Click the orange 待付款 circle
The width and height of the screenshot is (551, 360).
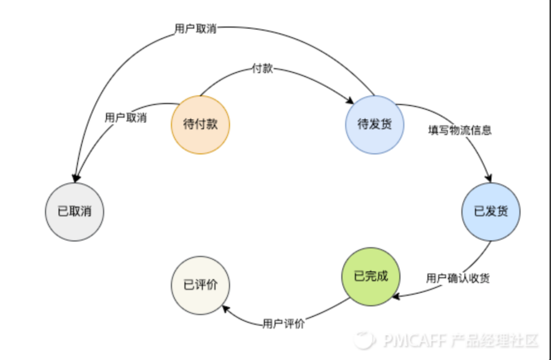tap(200, 124)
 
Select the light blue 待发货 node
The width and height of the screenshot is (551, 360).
tap(375, 124)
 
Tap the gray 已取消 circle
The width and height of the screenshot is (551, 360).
tap(74, 211)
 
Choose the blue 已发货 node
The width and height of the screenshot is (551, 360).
tap(491, 211)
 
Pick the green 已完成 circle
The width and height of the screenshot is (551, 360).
tap(370, 277)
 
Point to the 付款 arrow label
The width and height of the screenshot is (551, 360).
tap(263, 69)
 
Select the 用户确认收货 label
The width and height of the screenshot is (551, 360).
tap(457, 278)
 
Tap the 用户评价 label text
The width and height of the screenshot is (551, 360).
tap(284, 324)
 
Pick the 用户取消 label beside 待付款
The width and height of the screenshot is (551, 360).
tap(126, 117)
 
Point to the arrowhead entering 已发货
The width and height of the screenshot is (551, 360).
tap(489, 178)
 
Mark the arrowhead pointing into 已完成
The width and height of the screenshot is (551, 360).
tap(397, 295)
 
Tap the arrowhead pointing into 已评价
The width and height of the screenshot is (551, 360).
tap(224, 309)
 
